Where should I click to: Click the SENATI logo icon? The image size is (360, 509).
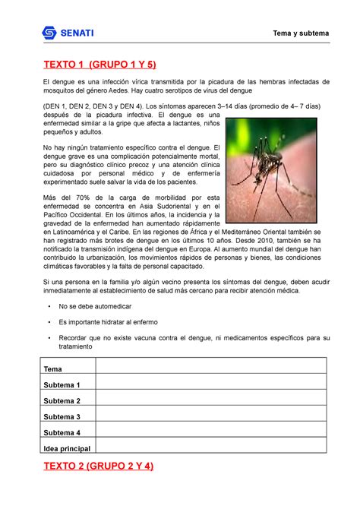49,33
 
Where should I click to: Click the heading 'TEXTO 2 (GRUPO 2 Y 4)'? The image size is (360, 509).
99,466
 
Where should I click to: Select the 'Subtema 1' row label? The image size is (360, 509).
62,384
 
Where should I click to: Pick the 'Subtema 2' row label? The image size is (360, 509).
62,400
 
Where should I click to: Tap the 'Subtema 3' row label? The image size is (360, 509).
62,416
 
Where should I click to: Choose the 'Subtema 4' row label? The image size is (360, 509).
62,432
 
